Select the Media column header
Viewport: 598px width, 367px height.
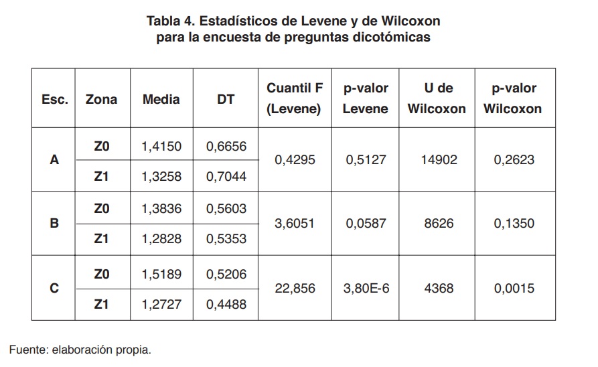pos(161,99)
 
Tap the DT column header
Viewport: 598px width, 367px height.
pos(226,99)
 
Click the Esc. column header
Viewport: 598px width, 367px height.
pos(54,99)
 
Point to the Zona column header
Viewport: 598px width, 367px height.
pos(101,99)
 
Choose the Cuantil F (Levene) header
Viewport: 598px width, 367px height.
pos(295,98)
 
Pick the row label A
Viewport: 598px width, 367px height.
pos(54,160)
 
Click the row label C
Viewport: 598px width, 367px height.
pos(54,289)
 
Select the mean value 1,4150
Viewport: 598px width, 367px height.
pos(161,147)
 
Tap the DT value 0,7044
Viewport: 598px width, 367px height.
pos(226,176)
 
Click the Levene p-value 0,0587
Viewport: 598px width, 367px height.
pos(366,224)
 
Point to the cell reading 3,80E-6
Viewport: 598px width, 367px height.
pos(366,289)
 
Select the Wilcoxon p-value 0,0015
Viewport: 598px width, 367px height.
pos(514,289)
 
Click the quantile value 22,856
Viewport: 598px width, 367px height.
pos(295,289)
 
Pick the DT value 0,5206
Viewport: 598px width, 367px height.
pos(226,274)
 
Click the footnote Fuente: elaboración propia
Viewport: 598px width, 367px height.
pos(80,349)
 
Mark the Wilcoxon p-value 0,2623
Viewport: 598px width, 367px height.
pos(514,160)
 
